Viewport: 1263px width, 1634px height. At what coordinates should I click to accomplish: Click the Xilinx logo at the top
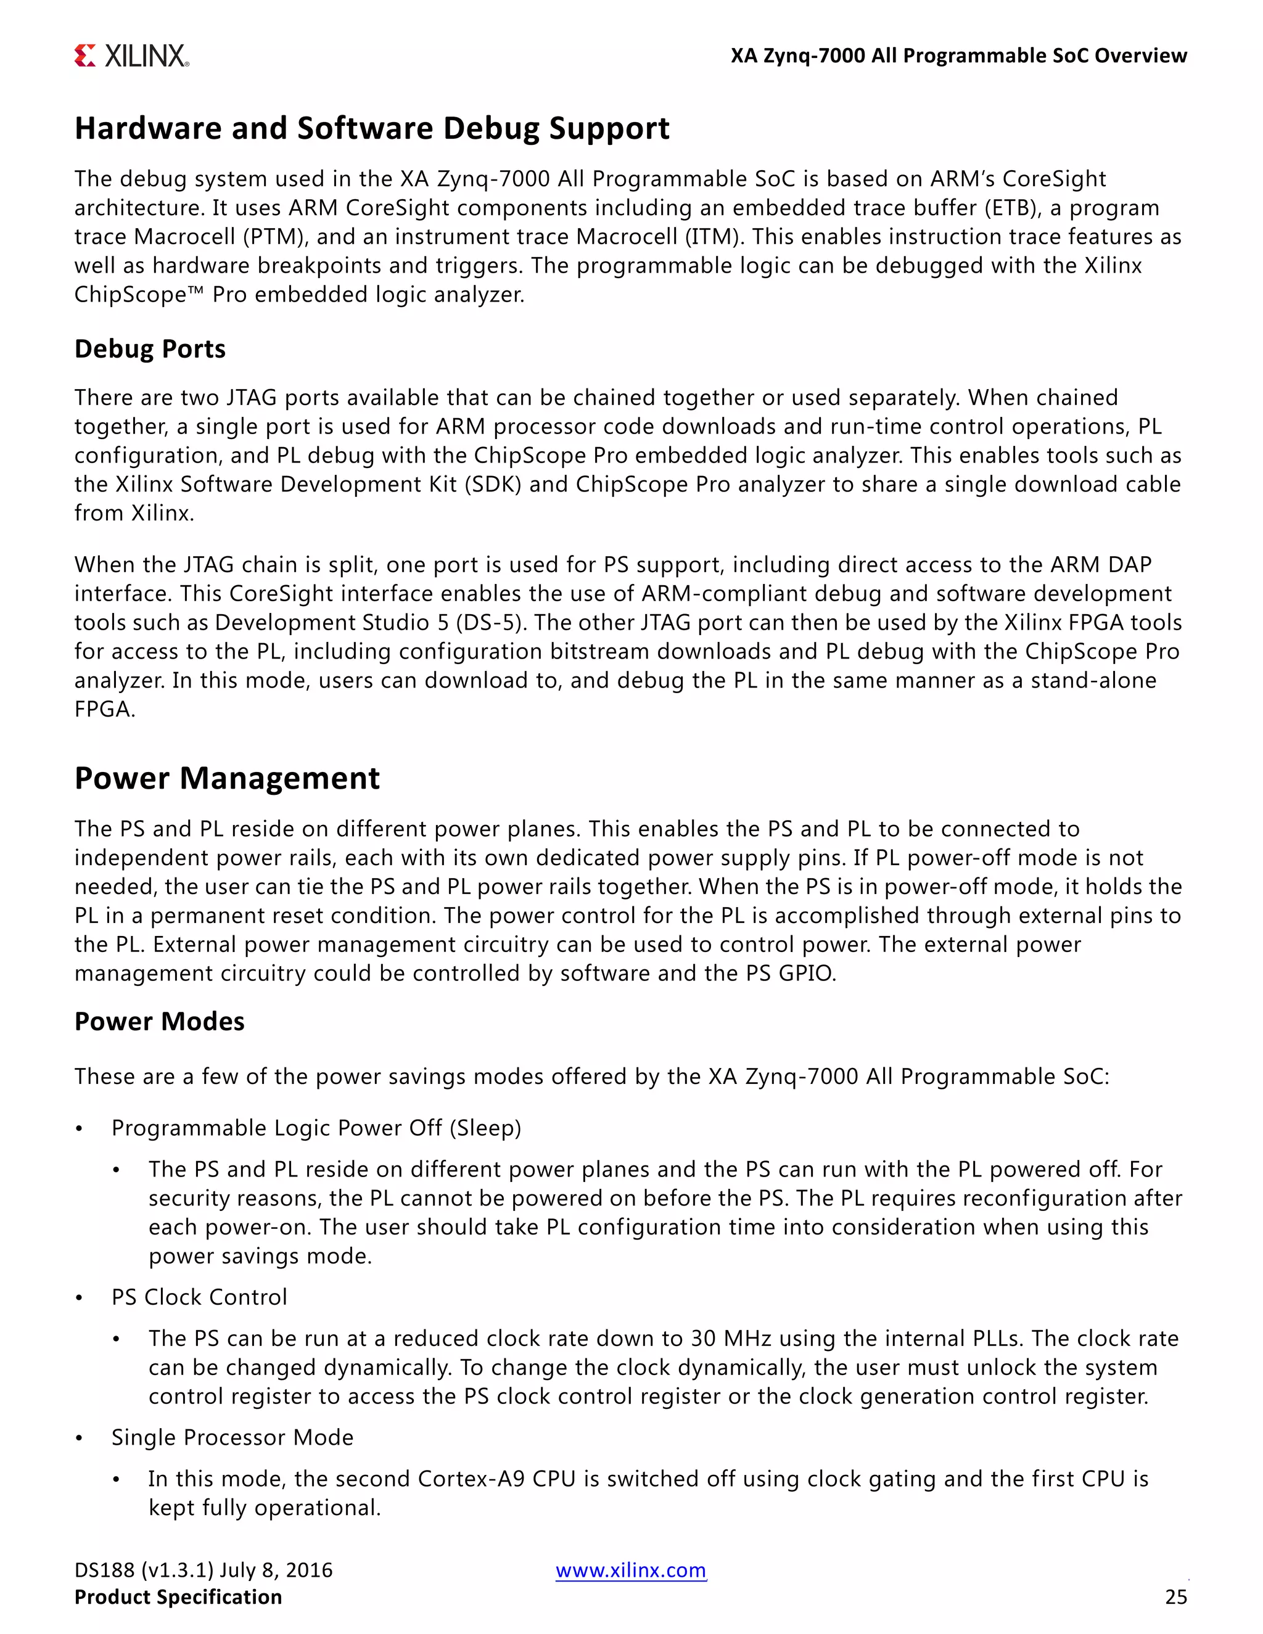pos(132,56)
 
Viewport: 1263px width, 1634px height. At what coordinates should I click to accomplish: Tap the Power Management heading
pos(227,778)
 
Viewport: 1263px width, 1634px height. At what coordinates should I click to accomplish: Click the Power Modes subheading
pos(159,1021)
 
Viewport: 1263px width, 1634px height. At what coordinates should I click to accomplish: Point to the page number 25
pos(1175,1598)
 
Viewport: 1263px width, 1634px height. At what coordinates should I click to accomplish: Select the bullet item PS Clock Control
pos(199,1297)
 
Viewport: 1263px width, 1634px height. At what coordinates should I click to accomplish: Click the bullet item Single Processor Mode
pos(232,1437)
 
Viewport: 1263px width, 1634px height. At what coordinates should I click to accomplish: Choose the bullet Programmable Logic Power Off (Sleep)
pos(316,1128)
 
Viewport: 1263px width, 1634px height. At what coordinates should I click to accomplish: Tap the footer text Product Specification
pos(178,1598)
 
